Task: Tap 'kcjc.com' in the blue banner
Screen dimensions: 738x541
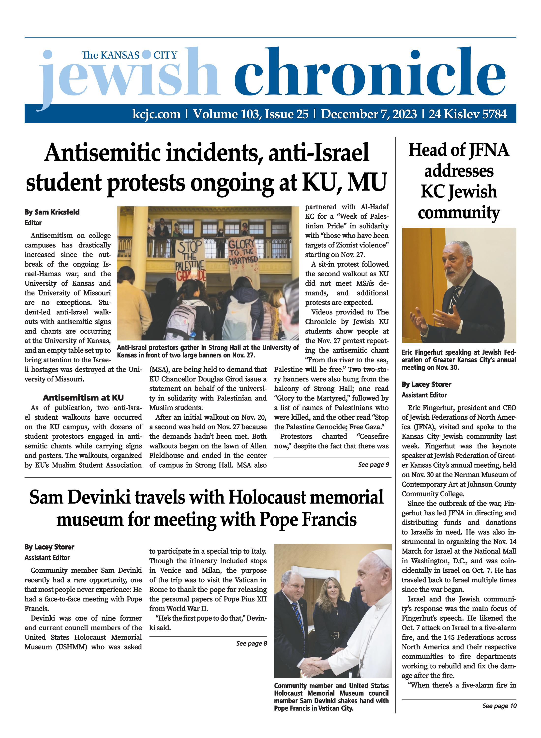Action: tap(156, 114)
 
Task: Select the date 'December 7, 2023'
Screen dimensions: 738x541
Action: tap(368, 114)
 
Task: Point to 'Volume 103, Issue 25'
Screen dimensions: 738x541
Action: tap(251, 114)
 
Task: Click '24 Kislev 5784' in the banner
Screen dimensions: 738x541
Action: tap(468, 114)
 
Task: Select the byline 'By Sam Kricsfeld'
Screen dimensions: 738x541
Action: tap(52, 212)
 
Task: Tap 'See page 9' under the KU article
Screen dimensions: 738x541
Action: tap(373, 464)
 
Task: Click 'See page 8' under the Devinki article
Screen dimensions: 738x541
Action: tap(252, 643)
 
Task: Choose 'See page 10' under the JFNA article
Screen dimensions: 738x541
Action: tap(499, 706)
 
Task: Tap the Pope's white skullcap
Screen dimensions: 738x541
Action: tap(383, 554)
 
